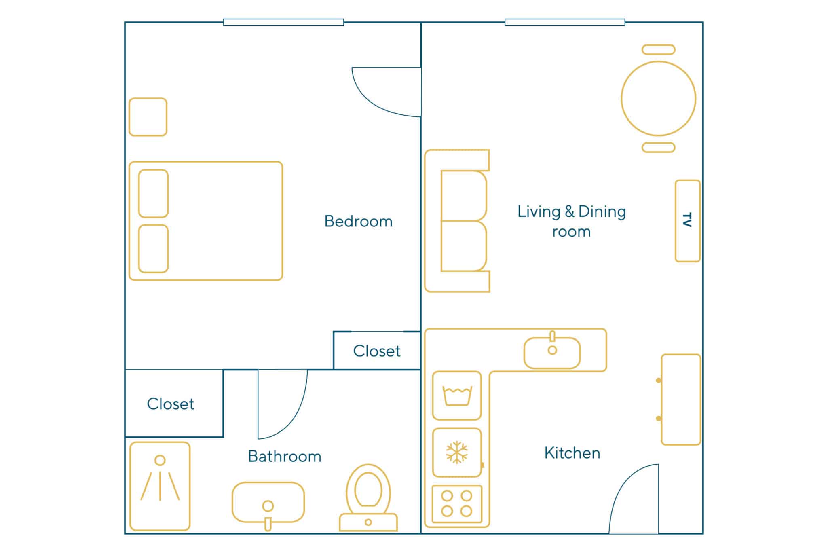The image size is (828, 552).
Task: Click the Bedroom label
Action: click(358, 221)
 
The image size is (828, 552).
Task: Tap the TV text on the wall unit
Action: click(687, 220)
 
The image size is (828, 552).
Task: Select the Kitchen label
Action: click(572, 453)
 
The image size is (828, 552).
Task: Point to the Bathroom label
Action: click(285, 456)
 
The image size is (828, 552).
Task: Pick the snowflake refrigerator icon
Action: click(457, 452)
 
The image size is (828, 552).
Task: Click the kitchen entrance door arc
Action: click(623, 481)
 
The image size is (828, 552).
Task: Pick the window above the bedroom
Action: click(283, 22)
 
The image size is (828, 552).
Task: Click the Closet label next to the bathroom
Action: click(170, 404)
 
